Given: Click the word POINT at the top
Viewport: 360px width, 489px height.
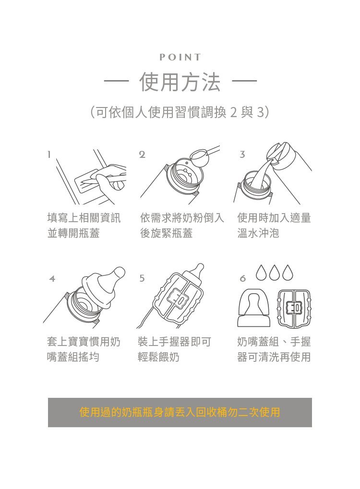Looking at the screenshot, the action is (x=180, y=57).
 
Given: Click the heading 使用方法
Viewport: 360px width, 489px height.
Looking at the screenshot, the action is (x=180, y=82).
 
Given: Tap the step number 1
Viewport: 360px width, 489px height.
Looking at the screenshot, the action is (x=49, y=154).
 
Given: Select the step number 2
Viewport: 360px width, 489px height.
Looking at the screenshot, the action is (x=142, y=154).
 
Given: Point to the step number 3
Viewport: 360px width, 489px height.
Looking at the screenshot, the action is (x=242, y=154).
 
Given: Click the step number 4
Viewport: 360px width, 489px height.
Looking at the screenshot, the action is (x=52, y=278).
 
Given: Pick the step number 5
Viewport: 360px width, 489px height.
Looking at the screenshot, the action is (x=142, y=278).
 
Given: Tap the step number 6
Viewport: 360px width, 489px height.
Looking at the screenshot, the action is (x=243, y=278).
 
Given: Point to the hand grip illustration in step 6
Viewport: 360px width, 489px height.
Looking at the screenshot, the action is (x=294, y=309).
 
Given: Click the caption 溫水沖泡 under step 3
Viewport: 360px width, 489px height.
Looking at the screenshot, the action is (x=258, y=233).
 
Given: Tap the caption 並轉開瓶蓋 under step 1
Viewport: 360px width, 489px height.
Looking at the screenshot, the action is (x=73, y=233).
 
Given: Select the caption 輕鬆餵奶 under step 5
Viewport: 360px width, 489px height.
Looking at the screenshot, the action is (x=158, y=357).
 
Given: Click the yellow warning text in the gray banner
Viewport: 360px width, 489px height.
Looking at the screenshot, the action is (x=180, y=412).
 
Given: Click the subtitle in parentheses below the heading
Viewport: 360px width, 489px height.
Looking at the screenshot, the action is (x=180, y=112).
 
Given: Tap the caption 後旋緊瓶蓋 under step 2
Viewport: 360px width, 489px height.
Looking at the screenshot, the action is (x=166, y=233).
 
